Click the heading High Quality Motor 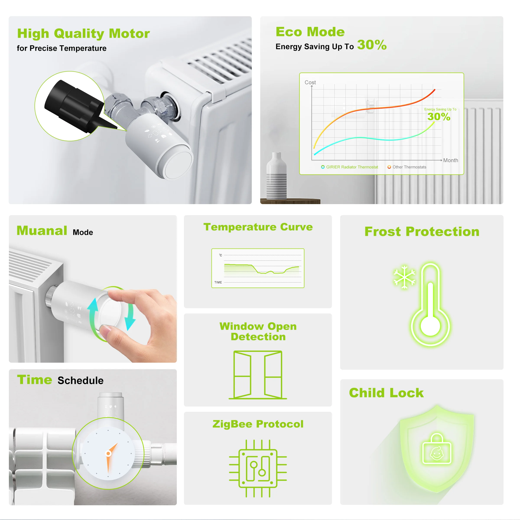click(83, 34)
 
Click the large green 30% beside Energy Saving click(372, 45)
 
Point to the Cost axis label click(310, 82)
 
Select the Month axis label click(451, 160)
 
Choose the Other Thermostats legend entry click(407, 167)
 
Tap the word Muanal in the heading click(42, 231)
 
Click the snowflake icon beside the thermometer click(404, 277)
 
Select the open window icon click(258, 375)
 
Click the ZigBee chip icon click(258, 468)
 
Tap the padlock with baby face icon click(437, 449)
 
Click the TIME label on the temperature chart click(218, 282)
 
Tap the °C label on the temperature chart click(220, 255)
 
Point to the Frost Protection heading click(422, 231)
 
